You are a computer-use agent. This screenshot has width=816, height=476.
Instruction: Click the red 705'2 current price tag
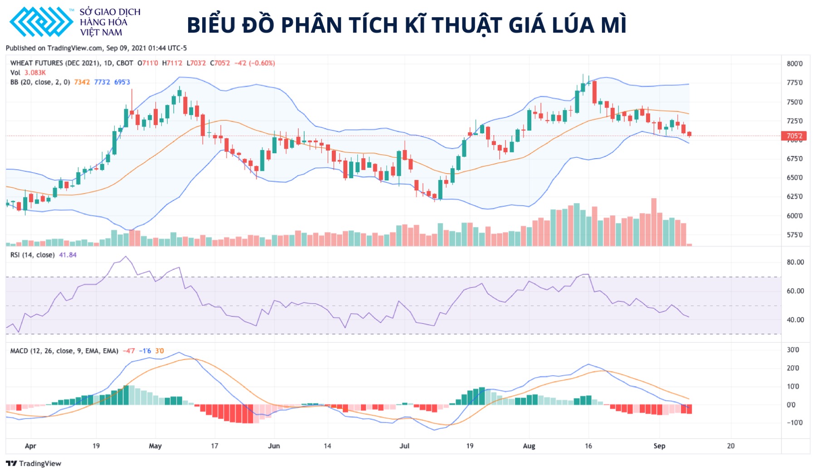(794, 136)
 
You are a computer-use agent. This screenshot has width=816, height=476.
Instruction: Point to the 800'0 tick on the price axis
(794, 64)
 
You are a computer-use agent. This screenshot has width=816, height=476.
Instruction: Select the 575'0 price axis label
(794, 235)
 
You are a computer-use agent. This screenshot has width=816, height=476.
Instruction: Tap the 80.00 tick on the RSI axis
(795, 262)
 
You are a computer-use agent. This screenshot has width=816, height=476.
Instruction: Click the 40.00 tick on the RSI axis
(795, 320)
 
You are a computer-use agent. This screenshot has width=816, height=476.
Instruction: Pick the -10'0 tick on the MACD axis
(794, 423)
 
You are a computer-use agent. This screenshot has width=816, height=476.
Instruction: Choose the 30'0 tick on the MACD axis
(793, 350)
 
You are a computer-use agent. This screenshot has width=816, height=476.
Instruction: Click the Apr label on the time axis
(30, 446)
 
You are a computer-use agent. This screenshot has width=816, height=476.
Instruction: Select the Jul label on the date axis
(404, 446)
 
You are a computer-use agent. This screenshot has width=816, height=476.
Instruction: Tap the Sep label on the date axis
(659, 446)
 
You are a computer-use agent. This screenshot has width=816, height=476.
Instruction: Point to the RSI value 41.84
(68, 255)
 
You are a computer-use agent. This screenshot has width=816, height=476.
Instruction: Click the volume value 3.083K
(35, 73)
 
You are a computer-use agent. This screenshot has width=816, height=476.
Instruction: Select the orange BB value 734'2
(82, 82)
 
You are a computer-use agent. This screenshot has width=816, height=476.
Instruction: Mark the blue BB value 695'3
(122, 82)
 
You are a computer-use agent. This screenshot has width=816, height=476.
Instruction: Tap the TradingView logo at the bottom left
(34, 463)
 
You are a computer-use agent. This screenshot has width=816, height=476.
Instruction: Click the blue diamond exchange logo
(41, 22)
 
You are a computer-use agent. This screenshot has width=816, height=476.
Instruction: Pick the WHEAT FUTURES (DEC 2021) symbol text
(55, 63)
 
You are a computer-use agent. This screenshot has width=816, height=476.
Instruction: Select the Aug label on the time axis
(529, 446)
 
